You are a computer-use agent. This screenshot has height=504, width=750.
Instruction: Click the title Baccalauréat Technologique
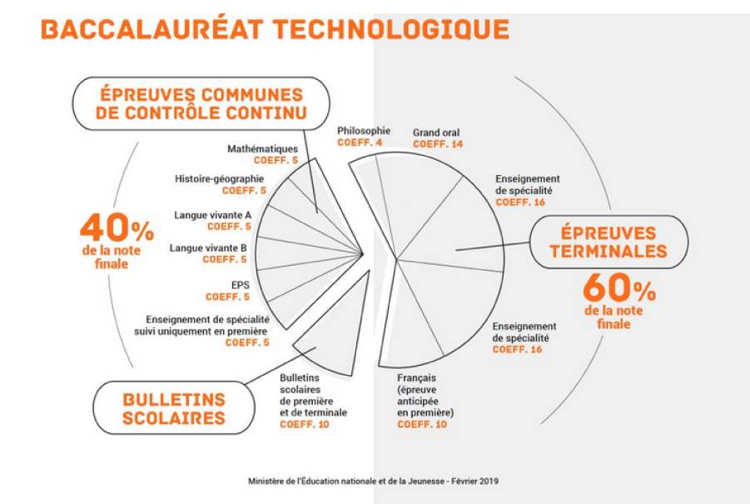[x=275, y=29]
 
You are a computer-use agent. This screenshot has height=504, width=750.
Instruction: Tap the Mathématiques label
[x=262, y=149]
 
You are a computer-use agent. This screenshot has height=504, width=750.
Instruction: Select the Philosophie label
[x=364, y=131]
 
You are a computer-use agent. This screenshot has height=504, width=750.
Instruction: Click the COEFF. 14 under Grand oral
[x=438, y=144]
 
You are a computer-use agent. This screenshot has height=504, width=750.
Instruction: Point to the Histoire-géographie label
[x=219, y=179]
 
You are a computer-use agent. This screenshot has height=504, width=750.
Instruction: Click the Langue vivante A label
[x=212, y=215]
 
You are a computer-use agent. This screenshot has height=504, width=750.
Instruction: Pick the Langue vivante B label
[x=208, y=248]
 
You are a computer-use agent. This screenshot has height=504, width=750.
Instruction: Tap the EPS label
[x=241, y=285]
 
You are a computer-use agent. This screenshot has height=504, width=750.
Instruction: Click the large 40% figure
[x=117, y=227]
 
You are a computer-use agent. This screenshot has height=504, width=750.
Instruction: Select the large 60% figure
[x=619, y=287]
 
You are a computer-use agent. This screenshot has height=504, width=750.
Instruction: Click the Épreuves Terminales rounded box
[x=608, y=242]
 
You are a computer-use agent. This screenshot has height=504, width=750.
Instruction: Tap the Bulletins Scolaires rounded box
[x=174, y=408]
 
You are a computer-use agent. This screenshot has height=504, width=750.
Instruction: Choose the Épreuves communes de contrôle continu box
[x=201, y=103]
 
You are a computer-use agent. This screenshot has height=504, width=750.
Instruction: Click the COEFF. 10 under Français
[x=422, y=424]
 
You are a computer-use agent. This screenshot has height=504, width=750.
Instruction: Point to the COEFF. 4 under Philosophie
[x=360, y=142]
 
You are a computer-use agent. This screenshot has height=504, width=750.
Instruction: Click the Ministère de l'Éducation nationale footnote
[x=373, y=481]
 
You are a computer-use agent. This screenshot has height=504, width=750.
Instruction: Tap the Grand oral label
[x=436, y=132]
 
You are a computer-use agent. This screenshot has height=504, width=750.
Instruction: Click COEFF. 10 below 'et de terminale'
[x=304, y=424]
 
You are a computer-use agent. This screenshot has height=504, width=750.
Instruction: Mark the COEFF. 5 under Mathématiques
[x=276, y=160]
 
